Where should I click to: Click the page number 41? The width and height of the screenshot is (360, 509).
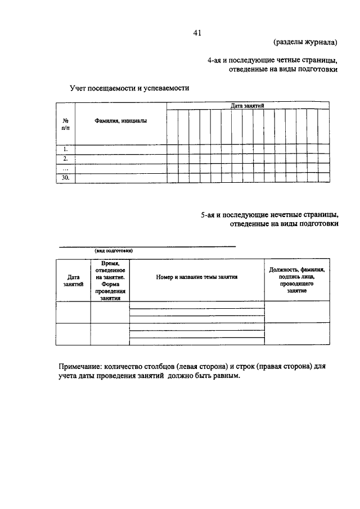pos(197,33)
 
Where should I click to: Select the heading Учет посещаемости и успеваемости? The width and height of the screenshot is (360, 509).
pos(129,88)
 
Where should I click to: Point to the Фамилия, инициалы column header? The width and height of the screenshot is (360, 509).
pos(120,121)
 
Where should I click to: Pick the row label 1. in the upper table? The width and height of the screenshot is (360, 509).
pos(66,149)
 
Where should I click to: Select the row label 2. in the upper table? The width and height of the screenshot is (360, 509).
pos(66,159)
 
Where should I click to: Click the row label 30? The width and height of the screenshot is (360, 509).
pos(66,178)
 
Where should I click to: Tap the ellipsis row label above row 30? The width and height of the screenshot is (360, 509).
pos(66,168)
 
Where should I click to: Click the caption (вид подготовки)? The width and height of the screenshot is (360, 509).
pos(114,251)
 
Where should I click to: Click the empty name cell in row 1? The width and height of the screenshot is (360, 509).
pos(120,149)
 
